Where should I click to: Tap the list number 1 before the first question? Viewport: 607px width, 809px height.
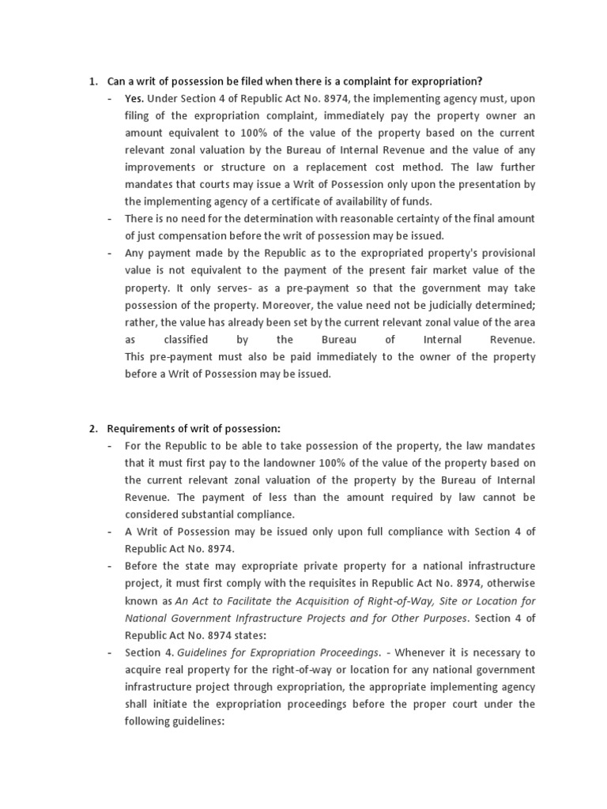(92, 81)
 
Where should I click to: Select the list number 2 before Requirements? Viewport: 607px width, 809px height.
(92, 428)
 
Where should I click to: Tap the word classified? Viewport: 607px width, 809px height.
(186, 340)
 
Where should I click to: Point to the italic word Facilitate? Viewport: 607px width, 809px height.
(248, 601)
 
